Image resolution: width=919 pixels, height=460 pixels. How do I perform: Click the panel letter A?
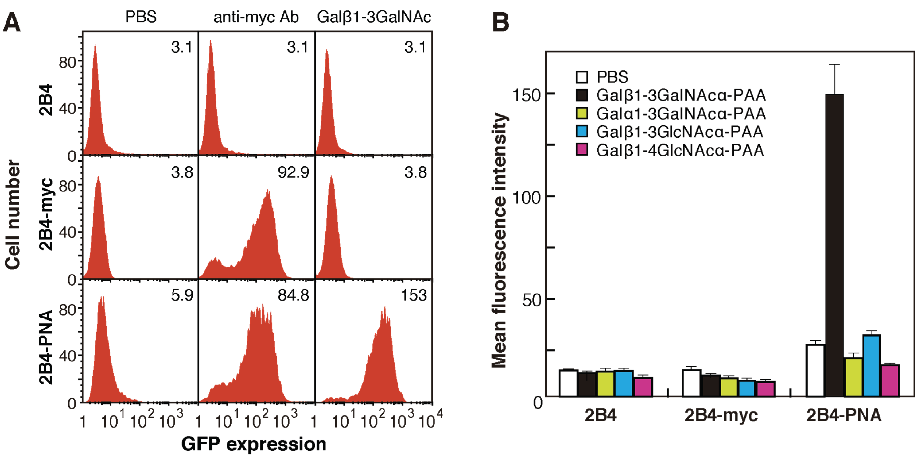click(12, 22)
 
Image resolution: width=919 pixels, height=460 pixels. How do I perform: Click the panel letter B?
click(500, 22)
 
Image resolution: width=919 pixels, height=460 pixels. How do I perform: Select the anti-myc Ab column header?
click(256, 17)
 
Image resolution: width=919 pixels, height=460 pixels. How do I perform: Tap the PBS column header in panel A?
click(140, 17)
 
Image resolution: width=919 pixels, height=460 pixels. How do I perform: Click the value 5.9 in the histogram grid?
click(182, 296)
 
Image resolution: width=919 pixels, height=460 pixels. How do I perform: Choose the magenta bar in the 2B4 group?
click(643, 387)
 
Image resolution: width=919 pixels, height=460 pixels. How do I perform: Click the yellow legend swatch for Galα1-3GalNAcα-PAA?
click(582, 113)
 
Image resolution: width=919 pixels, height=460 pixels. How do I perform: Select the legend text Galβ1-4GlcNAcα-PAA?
click(680, 150)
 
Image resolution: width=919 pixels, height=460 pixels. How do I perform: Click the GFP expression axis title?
click(254, 444)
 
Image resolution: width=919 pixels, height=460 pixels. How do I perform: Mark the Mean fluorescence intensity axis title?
click(499, 241)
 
